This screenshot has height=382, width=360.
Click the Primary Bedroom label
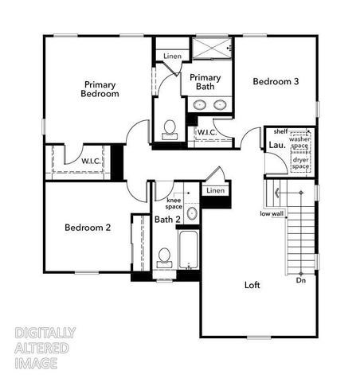tap(100, 88)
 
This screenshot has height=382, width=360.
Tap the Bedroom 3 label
tap(276, 81)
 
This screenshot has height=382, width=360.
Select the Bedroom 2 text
tap(88, 228)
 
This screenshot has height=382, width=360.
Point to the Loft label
tap(253, 285)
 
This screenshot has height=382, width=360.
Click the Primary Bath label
tap(205, 82)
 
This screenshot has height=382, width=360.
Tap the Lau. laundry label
tap(278, 145)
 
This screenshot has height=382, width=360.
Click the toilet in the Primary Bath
tap(169, 128)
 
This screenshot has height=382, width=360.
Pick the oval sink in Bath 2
tap(191, 213)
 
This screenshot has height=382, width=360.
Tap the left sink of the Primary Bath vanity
tap(199, 105)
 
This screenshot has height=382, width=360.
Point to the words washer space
tap(299, 143)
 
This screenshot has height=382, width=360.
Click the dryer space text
tap(300, 164)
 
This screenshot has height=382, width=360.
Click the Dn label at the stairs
tap(301, 280)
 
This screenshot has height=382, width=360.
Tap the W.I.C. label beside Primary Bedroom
tap(92, 162)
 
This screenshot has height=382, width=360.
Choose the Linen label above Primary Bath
tap(172, 56)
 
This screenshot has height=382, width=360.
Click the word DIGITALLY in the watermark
tap(45, 333)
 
